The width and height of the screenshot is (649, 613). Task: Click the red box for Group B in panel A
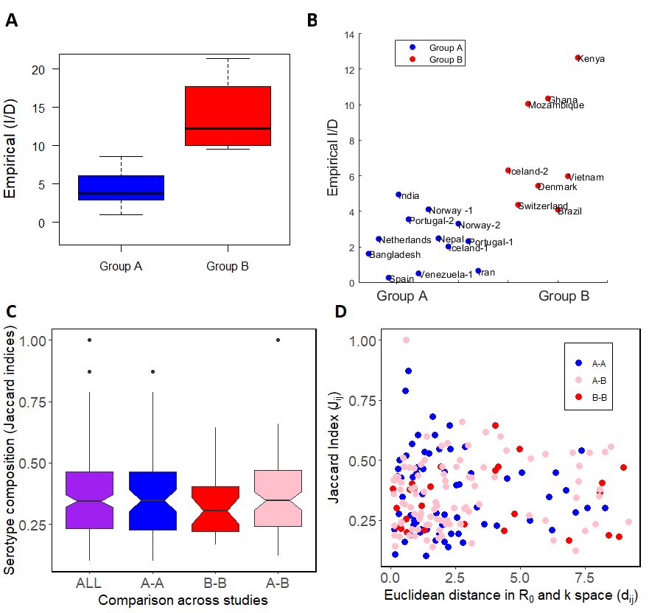tap(228, 116)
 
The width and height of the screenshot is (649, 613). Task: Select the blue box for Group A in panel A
tap(121, 188)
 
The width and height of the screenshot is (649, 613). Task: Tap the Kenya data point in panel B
tap(578, 57)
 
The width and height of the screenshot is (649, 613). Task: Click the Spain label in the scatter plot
tap(401, 279)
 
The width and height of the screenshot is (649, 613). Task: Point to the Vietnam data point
tap(567, 176)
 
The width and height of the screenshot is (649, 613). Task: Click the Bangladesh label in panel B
tap(395, 255)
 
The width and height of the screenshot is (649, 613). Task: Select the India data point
tap(399, 195)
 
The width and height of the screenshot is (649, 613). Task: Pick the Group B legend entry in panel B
tap(445, 59)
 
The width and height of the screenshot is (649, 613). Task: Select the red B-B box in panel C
tap(214, 508)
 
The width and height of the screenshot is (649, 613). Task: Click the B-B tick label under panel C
tap(214, 584)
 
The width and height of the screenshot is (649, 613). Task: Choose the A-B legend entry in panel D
tap(598, 380)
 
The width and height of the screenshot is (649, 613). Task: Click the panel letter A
tap(12, 21)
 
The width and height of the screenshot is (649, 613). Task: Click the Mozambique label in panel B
tap(557, 105)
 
